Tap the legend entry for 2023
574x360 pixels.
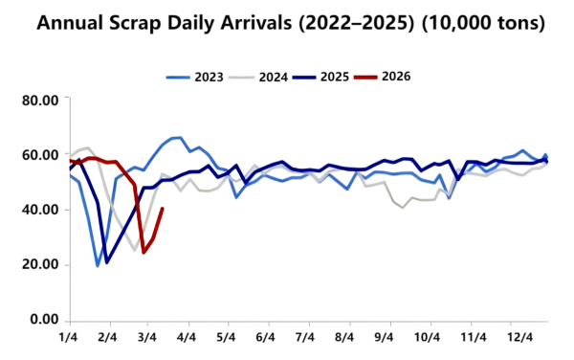(x=200, y=76)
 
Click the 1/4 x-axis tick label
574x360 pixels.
(x=69, y=338)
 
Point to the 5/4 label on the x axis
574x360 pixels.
(x=227, y=338)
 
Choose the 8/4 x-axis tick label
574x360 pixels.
(x=345, y=338)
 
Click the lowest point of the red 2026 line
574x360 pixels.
(x=143, y=253)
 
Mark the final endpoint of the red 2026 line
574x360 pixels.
(x=163, y=209)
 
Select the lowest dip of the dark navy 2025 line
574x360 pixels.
(x=107, y=262)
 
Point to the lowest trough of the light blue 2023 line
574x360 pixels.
(x=98, y=265)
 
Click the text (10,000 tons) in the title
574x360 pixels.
(x=477, y=22)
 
